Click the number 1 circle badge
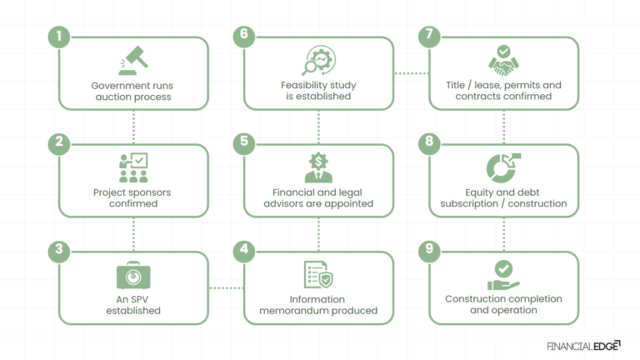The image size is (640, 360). point(57,36)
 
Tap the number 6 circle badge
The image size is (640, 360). point(242,36)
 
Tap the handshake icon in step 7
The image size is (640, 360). point(503,61)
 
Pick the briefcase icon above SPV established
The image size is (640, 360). point(133,276)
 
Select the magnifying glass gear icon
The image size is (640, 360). point(317,61)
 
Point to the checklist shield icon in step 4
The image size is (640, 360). point(317,275)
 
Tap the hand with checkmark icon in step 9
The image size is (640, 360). point(503,276)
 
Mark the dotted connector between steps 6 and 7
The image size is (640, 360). point(411,73)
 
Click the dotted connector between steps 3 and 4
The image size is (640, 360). point(226,288)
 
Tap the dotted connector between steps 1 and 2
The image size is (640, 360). point(133,127)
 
